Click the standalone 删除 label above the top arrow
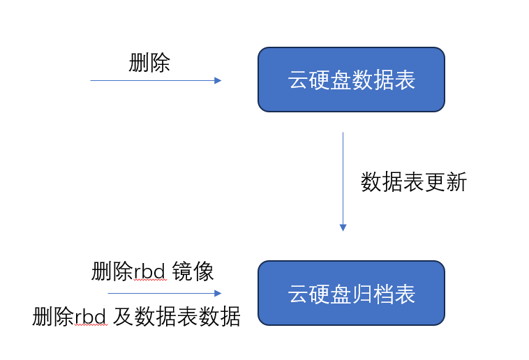tap(149, 63)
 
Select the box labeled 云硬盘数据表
tap(351, 80)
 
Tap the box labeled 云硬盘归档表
tap(351, 293)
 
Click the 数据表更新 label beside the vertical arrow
tap(414, 182)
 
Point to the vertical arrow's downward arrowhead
tap(343, 227)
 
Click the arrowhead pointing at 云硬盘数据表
tap(218, 81)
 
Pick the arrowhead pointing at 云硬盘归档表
tap(218, 293)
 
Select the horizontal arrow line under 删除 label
tap(156, 81)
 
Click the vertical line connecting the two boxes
tap(343, 182)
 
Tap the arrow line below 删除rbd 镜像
tap(165, 293)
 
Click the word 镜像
tap(193, 271)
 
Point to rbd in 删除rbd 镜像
tap(150, 271)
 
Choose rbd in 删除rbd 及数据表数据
tap(91, 317)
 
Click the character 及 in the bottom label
tap(123, 317)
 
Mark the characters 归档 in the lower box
tap(373, 294)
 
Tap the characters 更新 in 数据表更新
tap(446, 182)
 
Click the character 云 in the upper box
tap(298, 80)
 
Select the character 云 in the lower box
tap(298, 294)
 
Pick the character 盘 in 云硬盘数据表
tap(341, 80)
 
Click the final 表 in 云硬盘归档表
tap(405, 294)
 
